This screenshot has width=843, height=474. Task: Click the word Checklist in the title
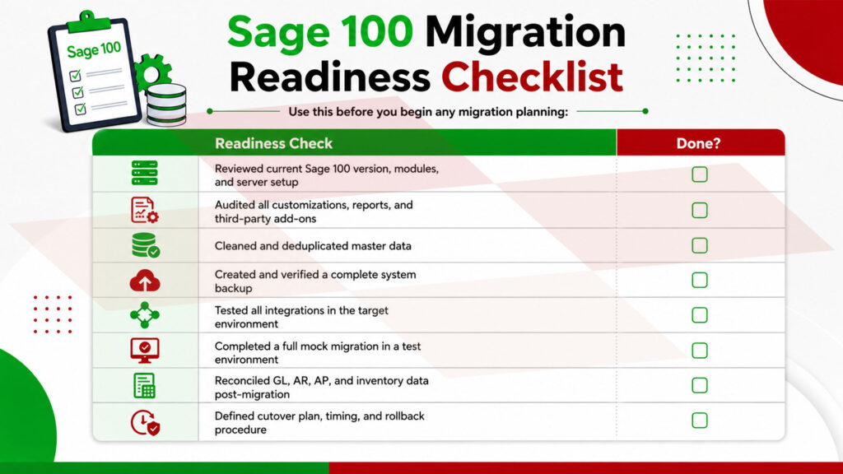[x=533, y=77]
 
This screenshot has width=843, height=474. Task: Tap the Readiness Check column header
[x=273, y=143]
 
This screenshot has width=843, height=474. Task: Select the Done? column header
[x=698, y=143]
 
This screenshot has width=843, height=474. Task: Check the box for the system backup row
[x=700, y=280]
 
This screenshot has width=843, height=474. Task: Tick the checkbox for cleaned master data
[x=700, y=245]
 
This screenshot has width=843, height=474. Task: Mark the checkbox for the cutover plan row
[x=700, y=421]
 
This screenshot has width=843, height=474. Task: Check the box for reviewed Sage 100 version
[x=700, y=174]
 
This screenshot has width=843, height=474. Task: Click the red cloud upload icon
[x=145, y=281]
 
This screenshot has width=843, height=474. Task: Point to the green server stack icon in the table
[x=145, y=173]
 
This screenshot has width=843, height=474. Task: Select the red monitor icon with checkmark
[x=145, y=351]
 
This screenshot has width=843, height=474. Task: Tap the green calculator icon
[x=145, y=385]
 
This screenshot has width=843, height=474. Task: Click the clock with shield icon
[x=145, y=422]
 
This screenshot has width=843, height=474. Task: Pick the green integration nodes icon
[x=145, y=315]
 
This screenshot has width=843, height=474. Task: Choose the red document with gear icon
[x=145, y=210]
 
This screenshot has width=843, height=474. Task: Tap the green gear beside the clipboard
[x=151, y=72]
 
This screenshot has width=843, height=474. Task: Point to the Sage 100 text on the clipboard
[x=94, y=50]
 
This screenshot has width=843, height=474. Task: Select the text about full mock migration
[x=318, y=352]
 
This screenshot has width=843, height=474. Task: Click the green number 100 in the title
[x=376, y=32]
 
